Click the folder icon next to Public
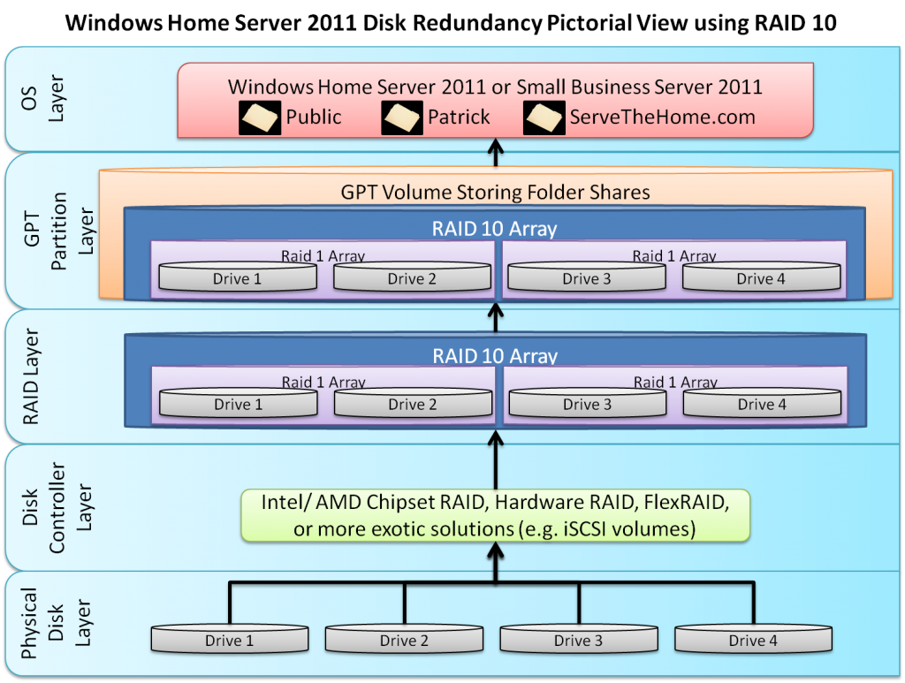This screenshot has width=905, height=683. (x=261, y=118)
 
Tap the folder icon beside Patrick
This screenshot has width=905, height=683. (x=402, y=118)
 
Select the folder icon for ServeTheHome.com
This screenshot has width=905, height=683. (x=544, y=118)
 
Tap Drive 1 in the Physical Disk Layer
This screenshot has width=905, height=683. (x=229, y=640)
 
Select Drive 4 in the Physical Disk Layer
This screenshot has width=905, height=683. (x=753, y=640)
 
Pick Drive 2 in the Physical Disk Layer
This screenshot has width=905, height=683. (x=404, y=640)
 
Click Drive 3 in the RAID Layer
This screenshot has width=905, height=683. (x=587, y=404)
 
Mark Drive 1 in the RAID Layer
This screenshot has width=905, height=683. (x=238, y=404)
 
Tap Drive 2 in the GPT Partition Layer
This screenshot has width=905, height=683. (x=412, y=278)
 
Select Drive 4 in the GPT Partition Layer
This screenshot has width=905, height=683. (x=761, y=278)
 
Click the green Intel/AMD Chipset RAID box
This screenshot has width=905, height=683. (x=495, y=515)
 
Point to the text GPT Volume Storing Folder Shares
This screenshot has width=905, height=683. (x=495, y=192)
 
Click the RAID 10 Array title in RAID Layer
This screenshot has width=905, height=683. (x=495, y=356)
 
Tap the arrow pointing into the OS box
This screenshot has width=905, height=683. (x=495, y=152)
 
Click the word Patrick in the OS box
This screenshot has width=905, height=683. (x=459, y=117)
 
